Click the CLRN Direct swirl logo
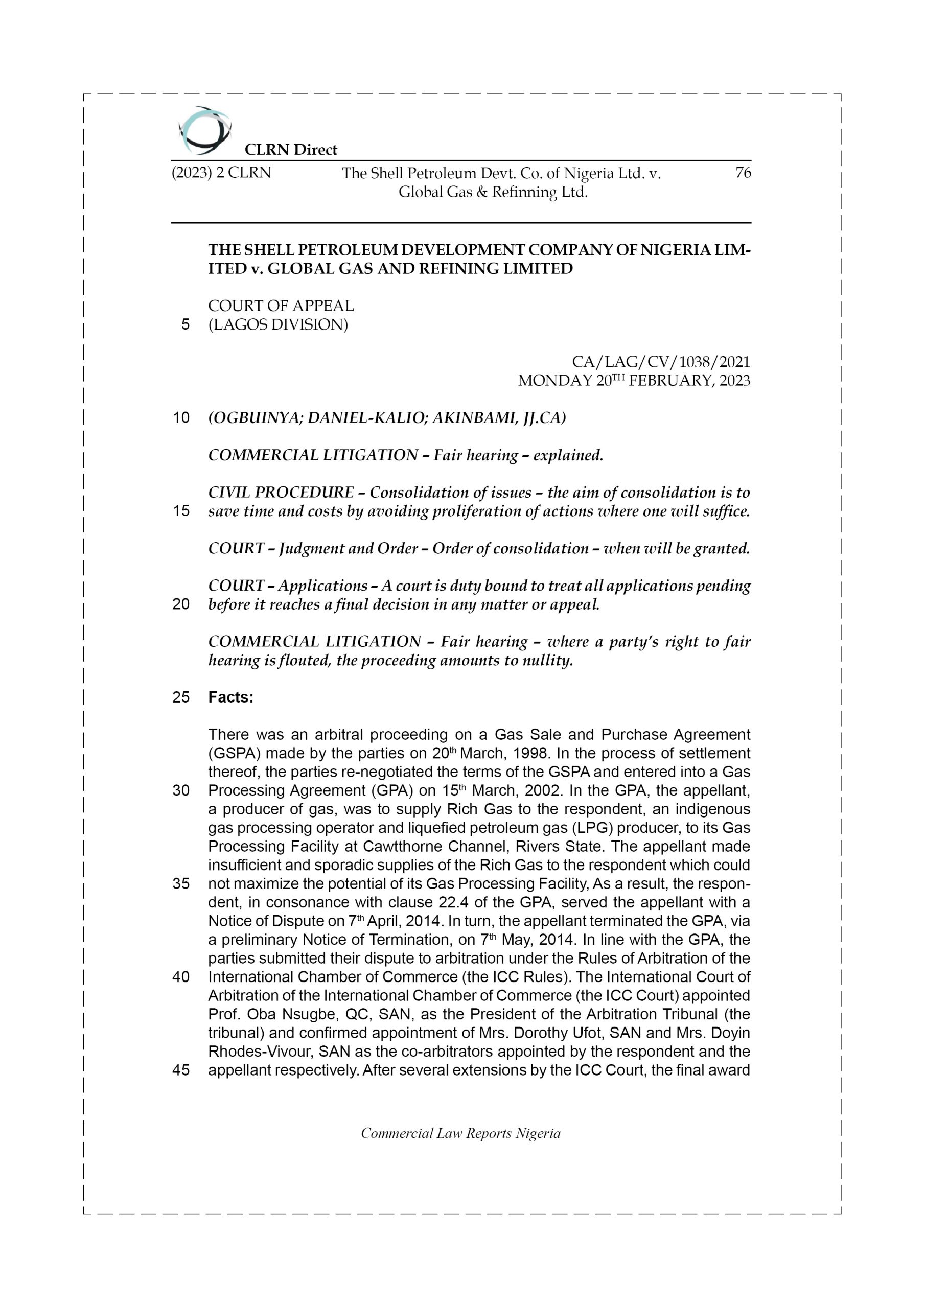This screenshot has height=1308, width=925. click(204, 130)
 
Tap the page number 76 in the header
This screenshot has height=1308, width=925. click(743, 173)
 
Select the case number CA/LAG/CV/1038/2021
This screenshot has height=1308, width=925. click(661, 362)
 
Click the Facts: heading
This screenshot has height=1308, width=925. click(230, 697)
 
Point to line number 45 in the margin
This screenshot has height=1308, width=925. click(181, 1070)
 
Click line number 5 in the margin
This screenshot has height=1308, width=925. click(185, 325)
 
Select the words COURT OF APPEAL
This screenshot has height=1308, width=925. click(281, 306)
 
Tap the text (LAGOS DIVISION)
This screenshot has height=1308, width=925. click(277, 325)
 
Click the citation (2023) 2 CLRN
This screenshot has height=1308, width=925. click(221, 173)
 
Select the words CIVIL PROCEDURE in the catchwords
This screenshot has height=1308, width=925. click(281, 492)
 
